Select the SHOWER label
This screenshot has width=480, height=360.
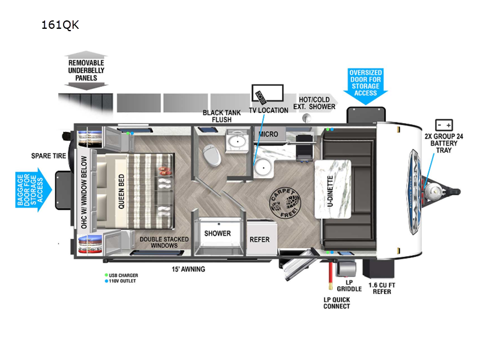[x=217, y=233]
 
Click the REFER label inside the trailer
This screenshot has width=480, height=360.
[x=260, y=239]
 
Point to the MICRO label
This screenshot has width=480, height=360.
[x=268, y=134]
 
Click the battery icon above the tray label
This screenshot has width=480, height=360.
[x=445, y=125]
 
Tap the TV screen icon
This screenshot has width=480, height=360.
[x=267, y=94]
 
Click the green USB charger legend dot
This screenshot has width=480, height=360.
[x=106, y=275]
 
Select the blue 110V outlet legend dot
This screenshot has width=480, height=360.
[x=106, y=281]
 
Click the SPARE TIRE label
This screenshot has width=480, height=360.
[x=48, y=156]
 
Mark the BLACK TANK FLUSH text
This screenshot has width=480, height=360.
[x=221, y=116]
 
